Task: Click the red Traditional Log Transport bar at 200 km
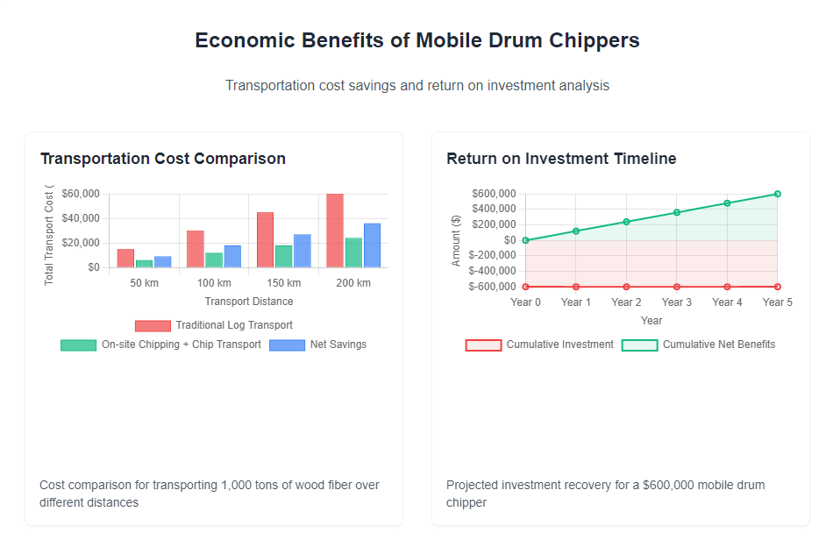334,230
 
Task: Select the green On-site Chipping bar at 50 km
144,263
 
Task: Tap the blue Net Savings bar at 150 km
302,251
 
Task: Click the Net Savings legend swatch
287,345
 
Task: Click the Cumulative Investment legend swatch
483,345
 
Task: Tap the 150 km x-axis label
283,283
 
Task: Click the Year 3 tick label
676,302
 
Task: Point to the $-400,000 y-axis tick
492,271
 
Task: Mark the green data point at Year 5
777,194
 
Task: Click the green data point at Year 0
525,240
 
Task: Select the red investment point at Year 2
626,287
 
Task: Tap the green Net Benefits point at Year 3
676,212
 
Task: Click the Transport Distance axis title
248,302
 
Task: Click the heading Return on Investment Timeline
561,159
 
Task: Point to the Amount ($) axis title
456,240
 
